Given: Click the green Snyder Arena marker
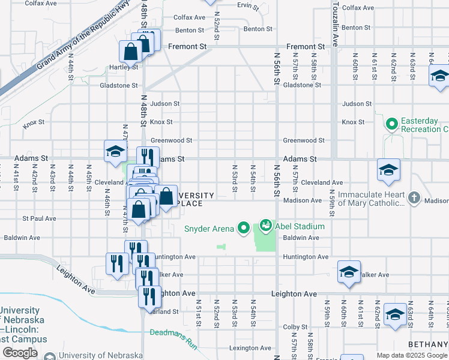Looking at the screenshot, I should pyautogui.click(x=243, y=227).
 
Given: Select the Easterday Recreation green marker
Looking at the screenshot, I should pyautogui.click(x=392, y=125).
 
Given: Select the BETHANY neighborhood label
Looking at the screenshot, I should pyautogui.click(x=427, y=344).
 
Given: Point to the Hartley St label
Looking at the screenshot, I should pyautogui.click(x=123, y=68).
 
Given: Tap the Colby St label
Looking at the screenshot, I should pyautogui.click(x=295, y=327).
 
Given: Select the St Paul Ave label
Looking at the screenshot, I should pyautogui.click(x=40, y=219).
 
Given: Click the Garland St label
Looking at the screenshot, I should pyautogui.click(x=166, y=311).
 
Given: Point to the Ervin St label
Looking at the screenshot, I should pyautogui.click(x=247, y=7).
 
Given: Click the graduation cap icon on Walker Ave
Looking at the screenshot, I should pyautogui.click(x=349, y=272).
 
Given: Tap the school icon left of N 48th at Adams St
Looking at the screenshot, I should pyautogui.click(x=115, y=151).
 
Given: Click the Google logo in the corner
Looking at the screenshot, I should pyautogui.click(x=20, y=353).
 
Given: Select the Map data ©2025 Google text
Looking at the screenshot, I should pyautogui.click(x=412, y=355).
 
